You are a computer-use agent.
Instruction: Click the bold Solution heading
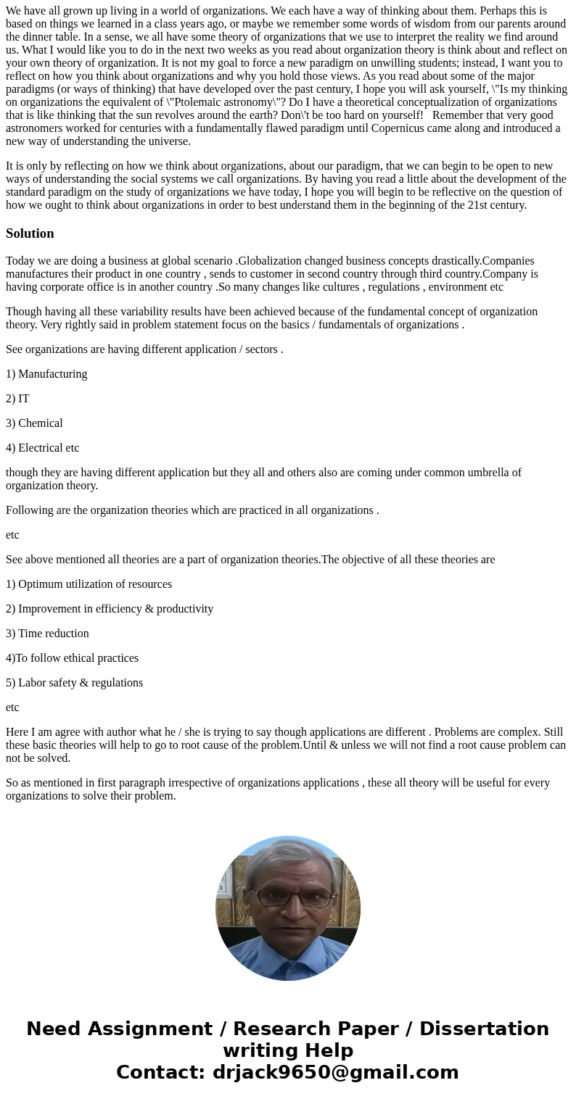click(x=30, y=233)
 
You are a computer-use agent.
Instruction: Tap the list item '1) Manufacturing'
click(x=46, y=374)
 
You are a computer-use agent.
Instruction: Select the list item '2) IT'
click(x=17, y=399)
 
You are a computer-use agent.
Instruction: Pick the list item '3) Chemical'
click(x=34, y=423)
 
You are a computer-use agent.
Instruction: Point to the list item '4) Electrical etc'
click(x=42, y=448)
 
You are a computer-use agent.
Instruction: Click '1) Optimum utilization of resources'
click(x=89, y=584)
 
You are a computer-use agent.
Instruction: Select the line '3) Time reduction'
click(x=47, y=634)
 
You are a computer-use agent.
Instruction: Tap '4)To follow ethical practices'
click(x=72, y=658)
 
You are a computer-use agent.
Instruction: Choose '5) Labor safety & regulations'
click(x=74, y=683)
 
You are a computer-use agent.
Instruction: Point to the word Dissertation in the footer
click(x=484, y=1029)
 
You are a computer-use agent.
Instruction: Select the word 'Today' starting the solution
click(x=20, y=261)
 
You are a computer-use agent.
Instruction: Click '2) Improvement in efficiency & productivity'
click(x=110, y=609)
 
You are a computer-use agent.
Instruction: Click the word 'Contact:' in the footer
click(x=160, y=1072)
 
